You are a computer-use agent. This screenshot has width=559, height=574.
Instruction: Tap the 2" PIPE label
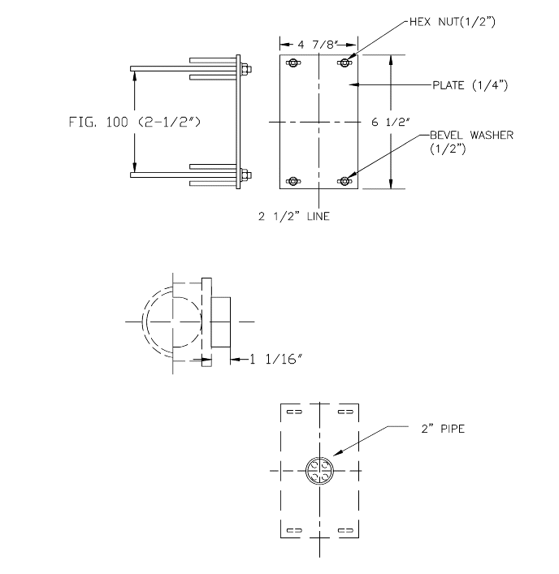[x=443, y=428]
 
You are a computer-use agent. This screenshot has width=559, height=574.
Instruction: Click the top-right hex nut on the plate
[x=346, y=63]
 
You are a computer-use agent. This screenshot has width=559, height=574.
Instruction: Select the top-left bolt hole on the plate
[x=293, y=63]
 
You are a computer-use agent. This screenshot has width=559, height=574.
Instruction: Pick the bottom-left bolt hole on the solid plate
[x=293, y=180]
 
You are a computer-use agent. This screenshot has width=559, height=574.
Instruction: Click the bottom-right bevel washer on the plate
[x=346, y=180]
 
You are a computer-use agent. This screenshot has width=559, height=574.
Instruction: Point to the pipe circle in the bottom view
[x=319, y=471]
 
